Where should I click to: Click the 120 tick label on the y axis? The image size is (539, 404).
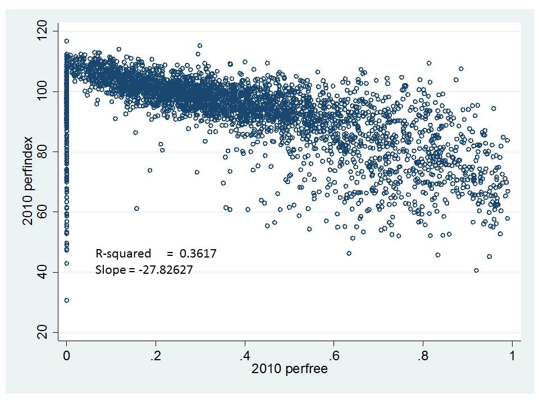tap(40, 31)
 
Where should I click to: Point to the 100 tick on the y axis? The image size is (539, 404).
tap(40, 91)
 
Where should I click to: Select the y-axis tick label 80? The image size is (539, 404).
tap(40, 151)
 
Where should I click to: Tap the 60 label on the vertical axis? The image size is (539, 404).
tap(40, 212)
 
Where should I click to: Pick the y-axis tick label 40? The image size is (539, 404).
tap(40, 273)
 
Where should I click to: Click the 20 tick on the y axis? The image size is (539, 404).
tap(40, 333)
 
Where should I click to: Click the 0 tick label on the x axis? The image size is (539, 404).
tap(66, 355)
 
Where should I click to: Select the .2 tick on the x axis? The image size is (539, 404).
tap(156, 355)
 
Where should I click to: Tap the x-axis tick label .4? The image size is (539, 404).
tap(245, 355)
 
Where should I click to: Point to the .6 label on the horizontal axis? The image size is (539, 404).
tap(334, 355)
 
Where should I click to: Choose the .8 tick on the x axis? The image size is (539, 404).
tap(423, 355)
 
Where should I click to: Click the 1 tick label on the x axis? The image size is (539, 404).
tap(512, 355)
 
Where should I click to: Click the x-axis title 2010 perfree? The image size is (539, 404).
tap(289, 370)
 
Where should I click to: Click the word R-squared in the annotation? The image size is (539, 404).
tap(122, 254)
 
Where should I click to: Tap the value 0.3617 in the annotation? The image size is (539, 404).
tap(196, 254)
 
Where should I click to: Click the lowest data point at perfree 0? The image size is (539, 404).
tap(66, 300)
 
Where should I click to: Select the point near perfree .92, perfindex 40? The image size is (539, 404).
tap(476, 270)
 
